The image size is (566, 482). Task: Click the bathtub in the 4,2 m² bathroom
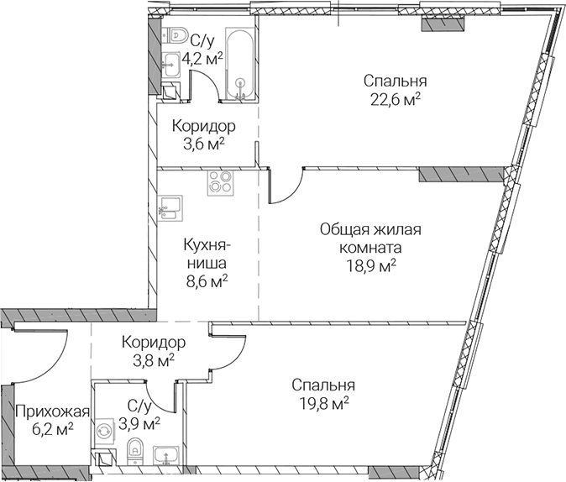239,64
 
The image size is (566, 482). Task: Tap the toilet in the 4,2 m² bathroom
175,35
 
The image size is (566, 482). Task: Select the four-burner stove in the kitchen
220,183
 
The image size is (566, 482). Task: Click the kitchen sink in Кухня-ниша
170,208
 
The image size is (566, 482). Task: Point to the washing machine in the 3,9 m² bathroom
105,431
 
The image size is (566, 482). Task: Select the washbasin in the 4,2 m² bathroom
170,65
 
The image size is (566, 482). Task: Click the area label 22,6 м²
396,99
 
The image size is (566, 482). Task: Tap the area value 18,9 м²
371,266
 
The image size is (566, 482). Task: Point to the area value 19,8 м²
324,403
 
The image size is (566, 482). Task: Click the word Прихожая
52,411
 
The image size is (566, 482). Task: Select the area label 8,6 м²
207,281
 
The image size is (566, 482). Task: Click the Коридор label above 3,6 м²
204,126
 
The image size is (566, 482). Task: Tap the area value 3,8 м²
154,360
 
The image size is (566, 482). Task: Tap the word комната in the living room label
370,248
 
